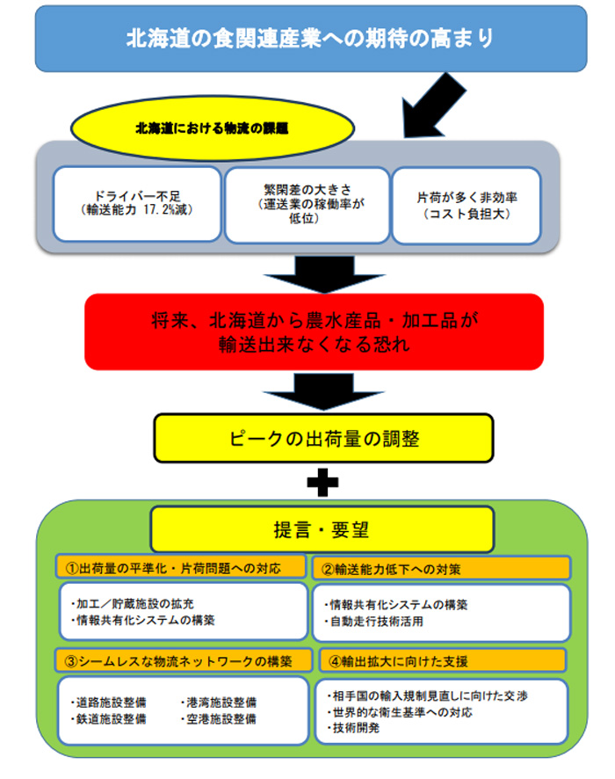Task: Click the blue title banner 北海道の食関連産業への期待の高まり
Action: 311,39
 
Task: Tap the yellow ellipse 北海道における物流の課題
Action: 213,128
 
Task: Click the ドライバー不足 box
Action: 137,204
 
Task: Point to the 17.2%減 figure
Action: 165,210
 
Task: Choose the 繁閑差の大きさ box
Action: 307,205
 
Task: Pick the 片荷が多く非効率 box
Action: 467,206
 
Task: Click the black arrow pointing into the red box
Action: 324,274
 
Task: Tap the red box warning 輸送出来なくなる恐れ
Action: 314,331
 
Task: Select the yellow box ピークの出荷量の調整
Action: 323,438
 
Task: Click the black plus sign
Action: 322,483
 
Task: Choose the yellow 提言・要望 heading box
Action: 322,529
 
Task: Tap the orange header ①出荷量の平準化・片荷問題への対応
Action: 181,568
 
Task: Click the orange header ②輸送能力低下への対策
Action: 441,569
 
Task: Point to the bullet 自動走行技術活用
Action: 376,622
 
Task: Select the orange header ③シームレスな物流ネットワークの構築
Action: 183,661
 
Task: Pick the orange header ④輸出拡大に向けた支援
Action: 442,661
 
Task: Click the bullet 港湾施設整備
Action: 219,703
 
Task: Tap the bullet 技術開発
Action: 353,728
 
